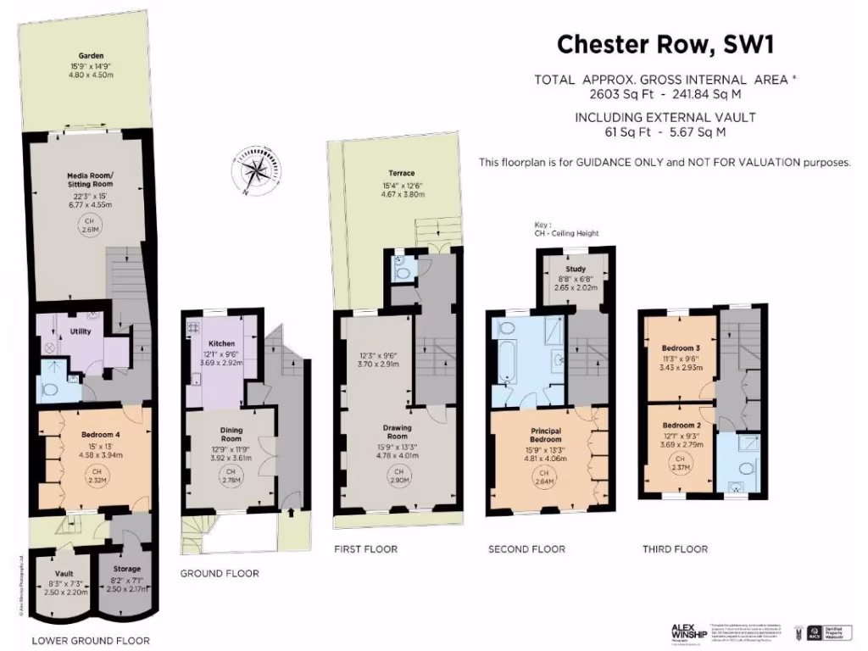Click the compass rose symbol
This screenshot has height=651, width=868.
pos(255,171)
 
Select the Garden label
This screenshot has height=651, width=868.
pos(85,55)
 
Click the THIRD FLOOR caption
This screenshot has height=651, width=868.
pos(675,549)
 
